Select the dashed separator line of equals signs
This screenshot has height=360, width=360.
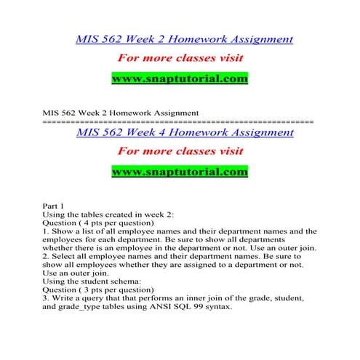tap(179, 121)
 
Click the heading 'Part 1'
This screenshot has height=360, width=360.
tap(55, 207)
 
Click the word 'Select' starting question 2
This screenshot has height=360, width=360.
tap(65, 257)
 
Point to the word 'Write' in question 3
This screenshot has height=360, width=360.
tap(65, 298)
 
